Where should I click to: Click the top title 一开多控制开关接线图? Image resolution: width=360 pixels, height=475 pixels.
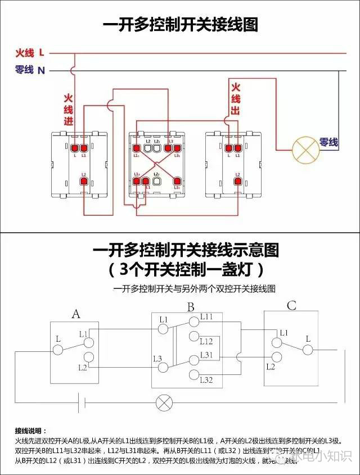(x=180, y=25)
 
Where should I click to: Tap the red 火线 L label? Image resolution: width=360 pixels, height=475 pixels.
(x=30, y=53)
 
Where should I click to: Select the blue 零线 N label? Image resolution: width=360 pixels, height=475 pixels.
(x=30, y=70)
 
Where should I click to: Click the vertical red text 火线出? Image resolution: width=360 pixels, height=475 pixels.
(x=236, y=99)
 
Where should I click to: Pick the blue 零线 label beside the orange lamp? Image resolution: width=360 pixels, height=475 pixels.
(x=328, y=143)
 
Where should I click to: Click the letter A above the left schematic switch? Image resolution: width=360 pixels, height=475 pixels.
(x=76, y=314)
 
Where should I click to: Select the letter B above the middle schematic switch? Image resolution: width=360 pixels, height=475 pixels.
(x=191, y=307)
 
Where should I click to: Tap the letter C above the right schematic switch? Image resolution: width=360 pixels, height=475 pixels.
(x=291, y=306)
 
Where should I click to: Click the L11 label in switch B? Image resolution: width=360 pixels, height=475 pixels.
(x=206, y=317)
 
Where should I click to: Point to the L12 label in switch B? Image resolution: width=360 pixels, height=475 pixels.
(x=206, y=341)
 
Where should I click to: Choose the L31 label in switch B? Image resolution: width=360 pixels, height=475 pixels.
(x=206, y=355)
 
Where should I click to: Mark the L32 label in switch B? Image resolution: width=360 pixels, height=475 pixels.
(x=206, y=381)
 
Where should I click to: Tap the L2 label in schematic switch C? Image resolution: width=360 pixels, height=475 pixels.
(x=271, y=367)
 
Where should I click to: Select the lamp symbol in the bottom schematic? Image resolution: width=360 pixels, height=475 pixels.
(x=164, y=402)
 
